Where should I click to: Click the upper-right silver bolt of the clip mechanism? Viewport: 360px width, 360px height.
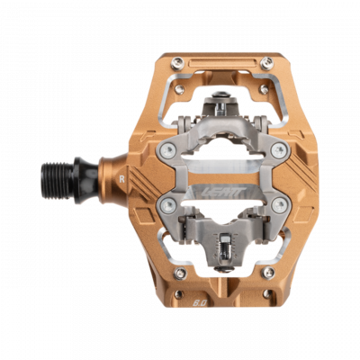point(279,148)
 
